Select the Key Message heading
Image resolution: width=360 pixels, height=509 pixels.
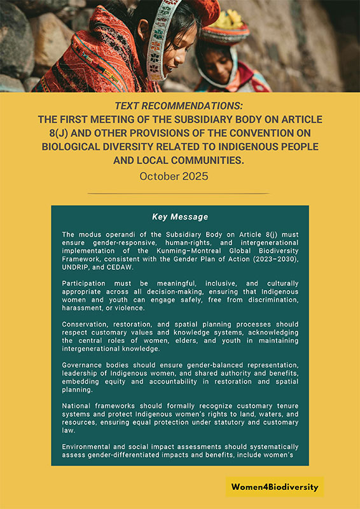coord(180,217)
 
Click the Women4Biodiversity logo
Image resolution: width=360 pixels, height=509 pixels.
coord(275,487)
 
